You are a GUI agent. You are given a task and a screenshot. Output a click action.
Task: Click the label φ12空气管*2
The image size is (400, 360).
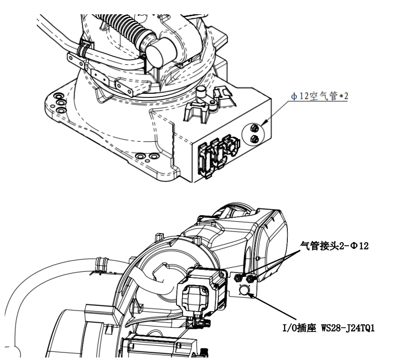click(x=319, y=96)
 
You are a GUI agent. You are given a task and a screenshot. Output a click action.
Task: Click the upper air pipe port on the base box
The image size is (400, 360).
click(x=254, y=128)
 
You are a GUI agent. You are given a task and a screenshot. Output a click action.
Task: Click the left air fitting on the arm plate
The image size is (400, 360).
click(x=238, y=278)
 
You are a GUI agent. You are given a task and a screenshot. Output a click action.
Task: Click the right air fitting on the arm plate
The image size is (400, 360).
click(x=250, y=278)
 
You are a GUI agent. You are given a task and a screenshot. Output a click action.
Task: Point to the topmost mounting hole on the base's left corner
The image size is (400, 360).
click(x=58, y=96)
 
